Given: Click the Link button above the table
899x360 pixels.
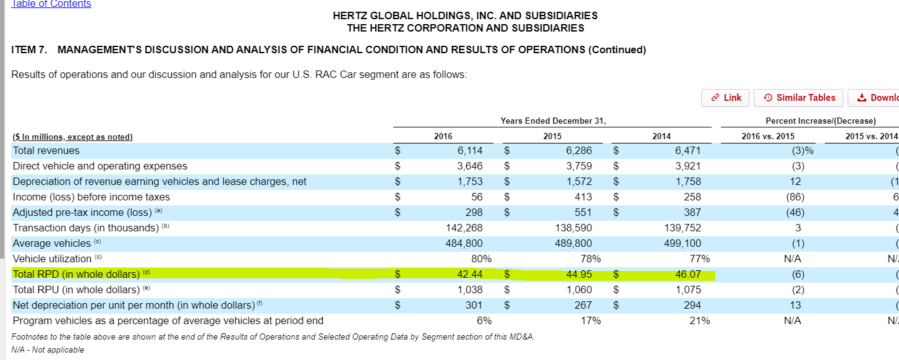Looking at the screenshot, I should (x=725, y=98).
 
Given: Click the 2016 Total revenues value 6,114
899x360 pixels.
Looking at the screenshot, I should (x=470, y=150).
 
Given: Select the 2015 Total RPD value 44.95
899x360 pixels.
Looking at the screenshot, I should (x=579, y=274).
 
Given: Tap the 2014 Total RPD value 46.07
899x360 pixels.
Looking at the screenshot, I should (x=688, y=274).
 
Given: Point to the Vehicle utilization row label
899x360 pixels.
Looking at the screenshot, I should (x=52, y=259).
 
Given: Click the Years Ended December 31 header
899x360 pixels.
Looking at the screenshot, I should (x=553, y=121).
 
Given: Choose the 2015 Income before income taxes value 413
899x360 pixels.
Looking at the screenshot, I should (x=583, y=197).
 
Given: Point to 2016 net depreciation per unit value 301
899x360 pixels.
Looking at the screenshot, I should (x=474, y=305).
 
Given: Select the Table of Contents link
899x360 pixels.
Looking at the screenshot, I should (x=51, y=4).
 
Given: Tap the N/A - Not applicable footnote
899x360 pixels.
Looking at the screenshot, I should (x=48, y=349).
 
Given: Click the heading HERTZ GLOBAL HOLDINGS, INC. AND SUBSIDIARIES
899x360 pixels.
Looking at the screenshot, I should (x=465, y=15).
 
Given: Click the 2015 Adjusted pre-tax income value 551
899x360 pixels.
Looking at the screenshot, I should (x=583, y=212).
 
